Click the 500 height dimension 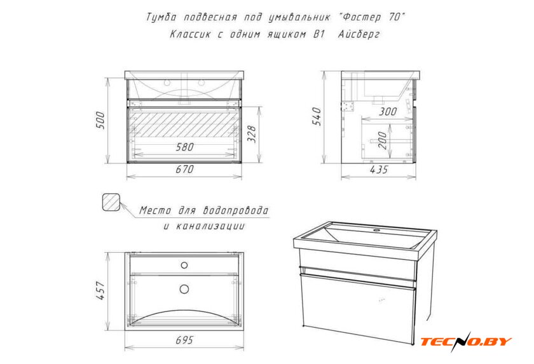(x=101, y=120)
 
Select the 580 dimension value (x=184, y=147)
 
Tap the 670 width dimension (x=184, y=169)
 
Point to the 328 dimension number (x=251, y=134)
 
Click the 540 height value (x=317, y=117)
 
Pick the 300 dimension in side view (x=388, y=111)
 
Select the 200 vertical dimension (x=383, y=140)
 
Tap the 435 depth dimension (x=379, y=170)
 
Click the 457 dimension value (x=101, y=290)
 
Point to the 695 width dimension (x=184, y=340)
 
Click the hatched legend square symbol (x=111, y=203)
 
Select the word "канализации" (x=210, y=226)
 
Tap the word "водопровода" (x=236, y=210)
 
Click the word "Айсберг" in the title (x=359, y=34)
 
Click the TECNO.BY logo (x=466, y=341)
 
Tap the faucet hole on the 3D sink (x=376, y=231)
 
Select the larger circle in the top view (x=184, y=289)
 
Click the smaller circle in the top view (x=184, y=265)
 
